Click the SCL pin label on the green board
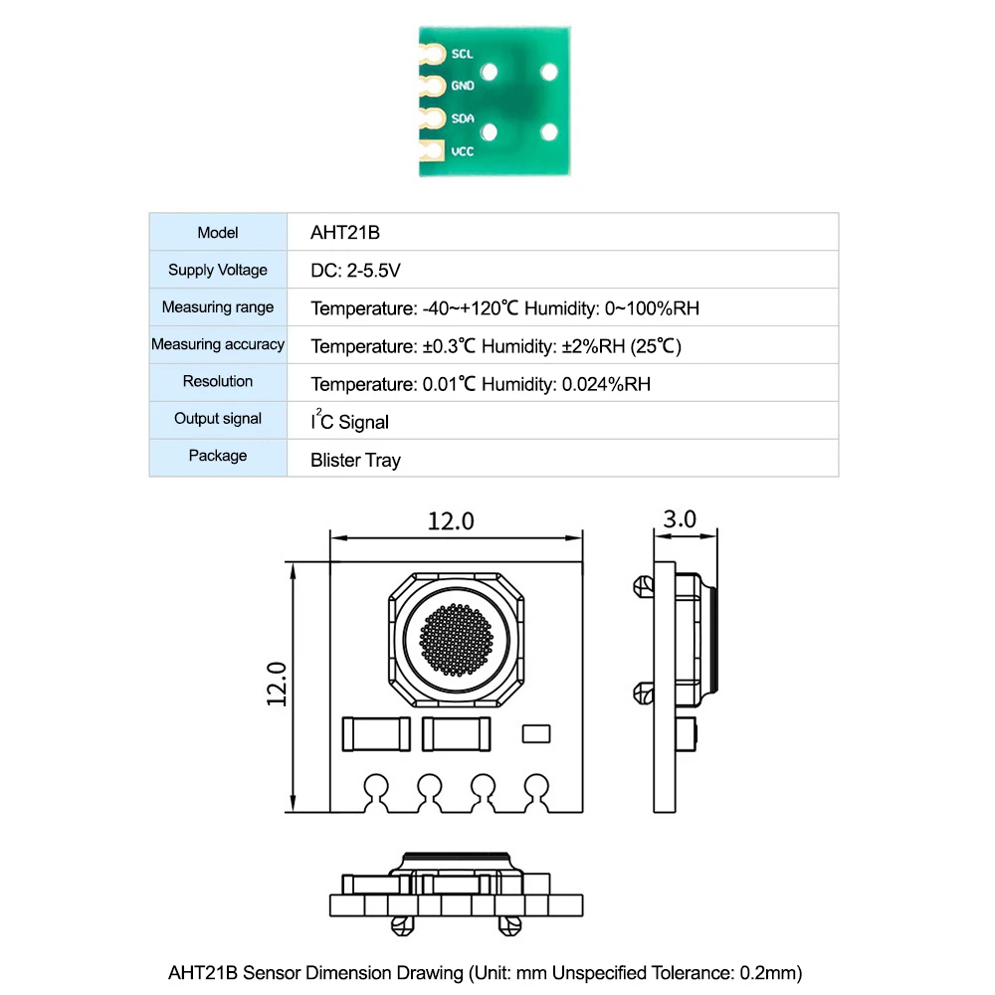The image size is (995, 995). coord(462,54)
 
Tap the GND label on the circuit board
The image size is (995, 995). coord(463,86)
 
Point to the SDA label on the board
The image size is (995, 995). coord(463,118)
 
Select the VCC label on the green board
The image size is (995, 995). coord(463,152)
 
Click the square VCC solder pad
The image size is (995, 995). coord(432,152)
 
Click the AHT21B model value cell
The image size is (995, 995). coord(345,233)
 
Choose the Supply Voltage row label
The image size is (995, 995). coord(218,270)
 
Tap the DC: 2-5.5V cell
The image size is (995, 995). coord(355,271)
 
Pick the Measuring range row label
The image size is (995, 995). coord(218,307)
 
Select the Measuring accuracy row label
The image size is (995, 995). coord(218,344)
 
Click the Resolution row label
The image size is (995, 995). coord(218,381)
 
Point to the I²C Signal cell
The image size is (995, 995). coord(349,422)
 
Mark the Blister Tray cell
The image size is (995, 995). coord(355,460)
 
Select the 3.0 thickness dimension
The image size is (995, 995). coord(680,519)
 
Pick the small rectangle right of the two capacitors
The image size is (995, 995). coord(536,733)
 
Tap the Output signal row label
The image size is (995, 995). coord(218,419)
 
